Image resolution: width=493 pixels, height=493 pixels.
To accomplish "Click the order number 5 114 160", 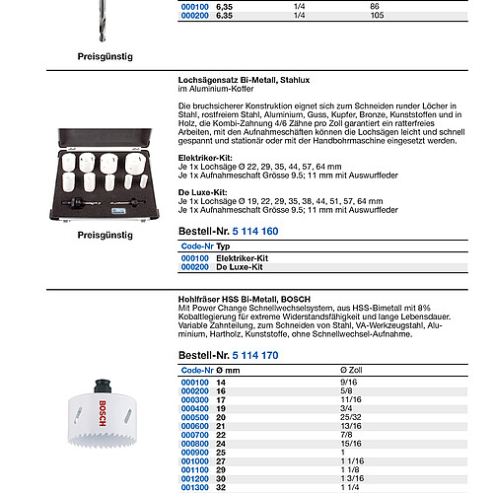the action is (x=255, y=232).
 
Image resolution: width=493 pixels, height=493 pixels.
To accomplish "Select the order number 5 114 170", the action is (x=255, y=355).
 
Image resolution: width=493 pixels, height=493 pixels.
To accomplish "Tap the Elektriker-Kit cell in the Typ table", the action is (x=242, y=258).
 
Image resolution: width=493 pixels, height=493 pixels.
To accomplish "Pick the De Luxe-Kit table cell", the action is (x=240, y=267).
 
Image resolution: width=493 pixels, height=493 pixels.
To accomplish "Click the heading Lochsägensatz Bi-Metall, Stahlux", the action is (x=244, y=80).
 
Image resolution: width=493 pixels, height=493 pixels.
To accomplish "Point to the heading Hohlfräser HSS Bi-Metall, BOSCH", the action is (x=245, y=300).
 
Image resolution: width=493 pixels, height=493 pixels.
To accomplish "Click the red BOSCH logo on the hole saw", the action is (x=103, y=413).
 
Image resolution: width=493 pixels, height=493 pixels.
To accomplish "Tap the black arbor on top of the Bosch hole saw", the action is (x=103, y=387).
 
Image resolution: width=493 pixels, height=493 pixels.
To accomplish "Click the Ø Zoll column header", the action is (x=351, y=370).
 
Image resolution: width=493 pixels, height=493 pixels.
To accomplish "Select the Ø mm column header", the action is (x=228, y=371).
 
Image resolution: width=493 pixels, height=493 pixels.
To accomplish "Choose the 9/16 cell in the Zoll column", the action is (x=349, y=383).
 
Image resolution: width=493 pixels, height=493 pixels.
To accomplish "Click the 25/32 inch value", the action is (x=351, y=417).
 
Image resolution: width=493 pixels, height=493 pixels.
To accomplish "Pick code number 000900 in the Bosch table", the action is (x=195, y=453).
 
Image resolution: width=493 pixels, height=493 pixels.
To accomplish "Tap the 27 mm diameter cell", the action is (x=221, y=461).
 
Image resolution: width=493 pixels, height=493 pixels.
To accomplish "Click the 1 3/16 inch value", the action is (x=352, y=478).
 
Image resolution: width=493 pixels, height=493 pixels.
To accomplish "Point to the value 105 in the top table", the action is (x=377, y=16).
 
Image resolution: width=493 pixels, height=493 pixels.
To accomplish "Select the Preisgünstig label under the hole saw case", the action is (x=106, y=236).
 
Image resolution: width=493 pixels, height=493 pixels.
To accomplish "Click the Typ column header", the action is (x=223, y=246).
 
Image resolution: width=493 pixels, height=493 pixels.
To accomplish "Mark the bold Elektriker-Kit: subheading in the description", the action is (x=205, y=158).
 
